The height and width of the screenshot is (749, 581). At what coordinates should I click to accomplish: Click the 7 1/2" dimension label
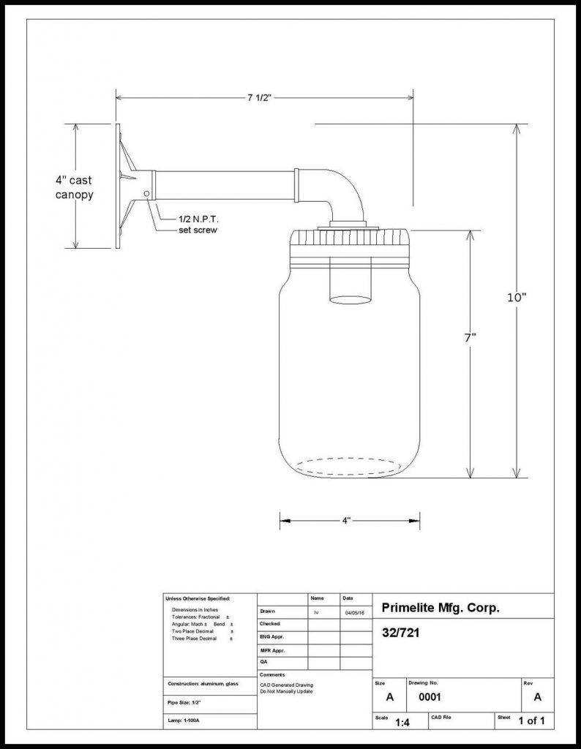(x=260, y=97)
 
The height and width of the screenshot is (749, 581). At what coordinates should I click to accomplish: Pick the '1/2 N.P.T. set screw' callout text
(x=198, y=225)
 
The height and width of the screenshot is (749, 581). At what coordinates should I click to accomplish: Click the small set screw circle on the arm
(x=147, y=193)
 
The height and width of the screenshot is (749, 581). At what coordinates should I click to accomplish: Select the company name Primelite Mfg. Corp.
(x=441, y=609)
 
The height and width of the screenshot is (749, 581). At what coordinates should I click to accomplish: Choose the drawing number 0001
(x=429, y=698)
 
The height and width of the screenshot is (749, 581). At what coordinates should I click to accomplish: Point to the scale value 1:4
(x=402, y=723)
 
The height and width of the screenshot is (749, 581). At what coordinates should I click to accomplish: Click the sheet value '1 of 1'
(x=531, y=721)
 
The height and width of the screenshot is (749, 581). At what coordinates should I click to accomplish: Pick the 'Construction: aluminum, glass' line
(x=203, y=683)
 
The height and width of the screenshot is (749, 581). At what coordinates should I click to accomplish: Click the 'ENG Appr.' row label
(x=271, y=637)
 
